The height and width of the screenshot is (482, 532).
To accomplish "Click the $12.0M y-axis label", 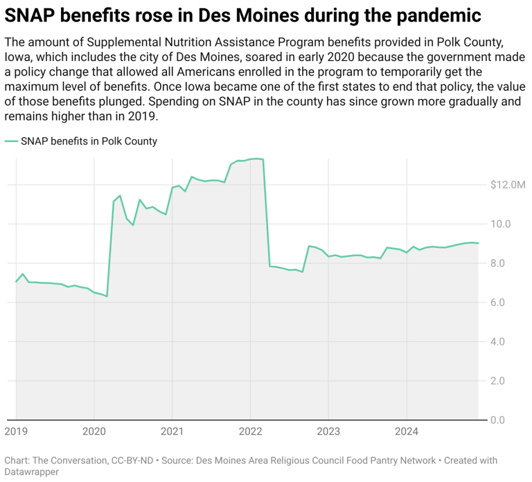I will [508, 185].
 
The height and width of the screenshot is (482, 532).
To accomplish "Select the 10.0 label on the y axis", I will [501, 224].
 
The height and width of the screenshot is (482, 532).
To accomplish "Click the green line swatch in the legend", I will [11, 141].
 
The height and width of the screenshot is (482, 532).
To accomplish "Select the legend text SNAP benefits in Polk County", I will [89, 141].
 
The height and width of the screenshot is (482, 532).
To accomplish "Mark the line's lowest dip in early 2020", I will [106, 296].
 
